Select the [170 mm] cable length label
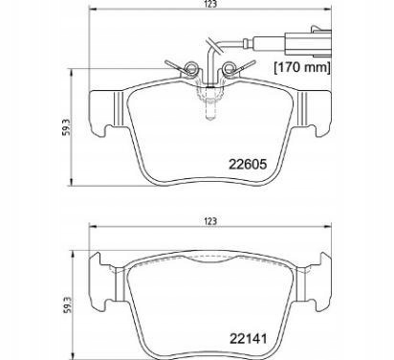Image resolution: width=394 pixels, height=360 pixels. [x=301, y=68]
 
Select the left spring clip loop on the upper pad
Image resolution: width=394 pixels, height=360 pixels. [x=190, y=67]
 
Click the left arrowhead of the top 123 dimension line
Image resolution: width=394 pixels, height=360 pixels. [x=92, y=18]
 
